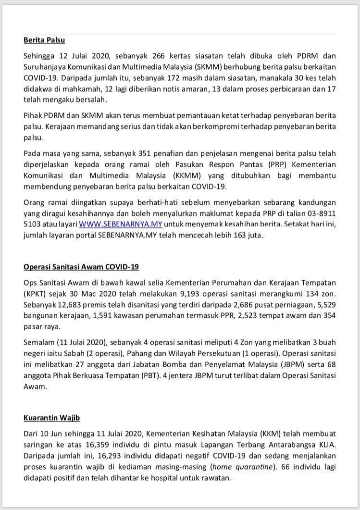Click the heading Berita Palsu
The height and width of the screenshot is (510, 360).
[44, 40]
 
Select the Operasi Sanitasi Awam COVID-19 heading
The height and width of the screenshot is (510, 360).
[81, 267]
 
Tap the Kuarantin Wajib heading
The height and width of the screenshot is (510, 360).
[55, 418]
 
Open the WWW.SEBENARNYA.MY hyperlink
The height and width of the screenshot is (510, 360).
[121, 224]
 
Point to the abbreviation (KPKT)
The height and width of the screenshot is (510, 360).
[37, 293]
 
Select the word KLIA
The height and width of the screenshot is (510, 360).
[327, 444]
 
